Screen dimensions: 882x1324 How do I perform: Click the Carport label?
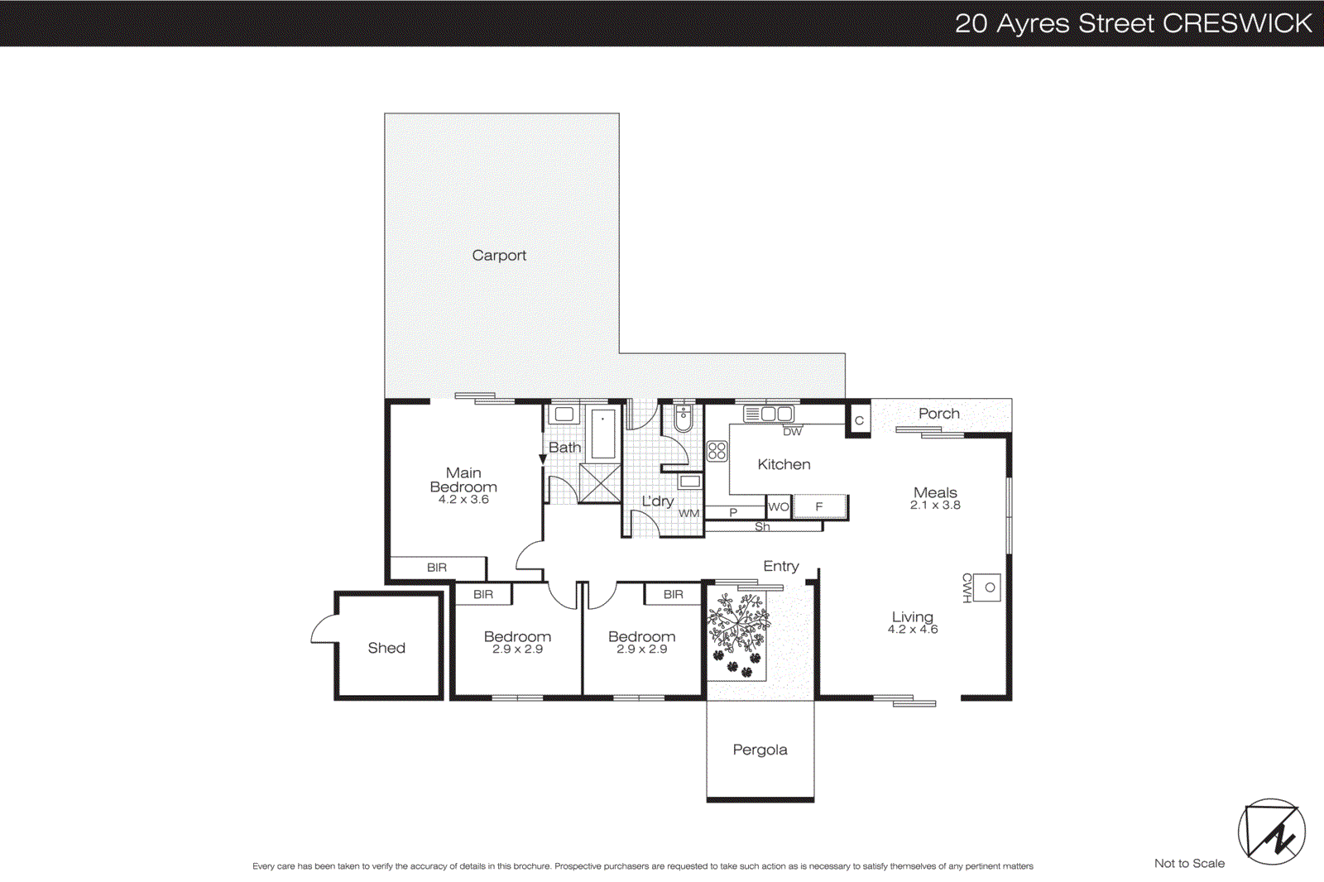(499, 256)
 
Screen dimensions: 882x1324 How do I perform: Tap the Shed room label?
(386, 648)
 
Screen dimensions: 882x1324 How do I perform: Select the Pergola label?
(760, 750)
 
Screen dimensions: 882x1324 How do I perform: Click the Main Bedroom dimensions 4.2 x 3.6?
(463, 500)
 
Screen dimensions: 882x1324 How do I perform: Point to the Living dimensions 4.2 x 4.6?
(913, 630)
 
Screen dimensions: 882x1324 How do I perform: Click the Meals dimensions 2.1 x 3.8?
(935, 506)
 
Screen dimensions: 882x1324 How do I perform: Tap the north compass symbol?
(1271, 832)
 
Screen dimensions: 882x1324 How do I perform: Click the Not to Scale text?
(1189, 863)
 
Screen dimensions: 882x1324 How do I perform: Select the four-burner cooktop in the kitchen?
(717, 451)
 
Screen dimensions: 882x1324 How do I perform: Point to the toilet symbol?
(684, 419)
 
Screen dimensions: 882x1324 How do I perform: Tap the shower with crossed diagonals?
(600, 483)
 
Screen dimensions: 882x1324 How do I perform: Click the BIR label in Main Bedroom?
(437, 568)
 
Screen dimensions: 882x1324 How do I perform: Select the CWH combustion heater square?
(989, 587)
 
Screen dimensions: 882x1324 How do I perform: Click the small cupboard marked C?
(859, 420)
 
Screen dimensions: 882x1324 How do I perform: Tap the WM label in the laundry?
(689, 513)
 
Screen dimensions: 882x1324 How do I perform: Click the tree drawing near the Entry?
(737, 626)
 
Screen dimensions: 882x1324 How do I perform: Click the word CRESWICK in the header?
(1237, 23)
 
